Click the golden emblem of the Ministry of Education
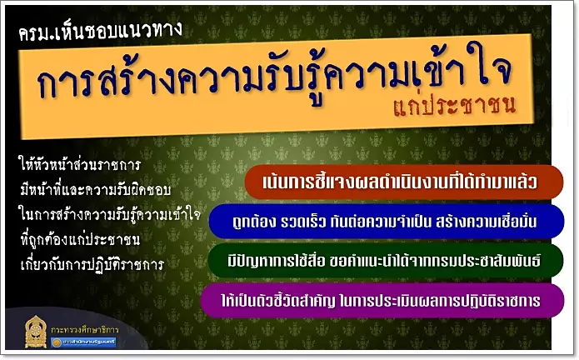pos(36,331)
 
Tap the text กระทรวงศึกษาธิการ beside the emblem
pos(85,329)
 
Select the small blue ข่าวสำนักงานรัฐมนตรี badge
pos(84,342)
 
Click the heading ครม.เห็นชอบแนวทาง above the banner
pos(100,30)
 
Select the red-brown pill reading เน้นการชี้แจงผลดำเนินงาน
pos(404,182)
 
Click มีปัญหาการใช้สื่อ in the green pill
pos(277,261)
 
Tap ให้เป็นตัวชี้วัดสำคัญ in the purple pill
pos(278,301)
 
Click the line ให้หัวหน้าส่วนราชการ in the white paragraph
pos(79,165)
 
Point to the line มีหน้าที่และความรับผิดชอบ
pos(96,190)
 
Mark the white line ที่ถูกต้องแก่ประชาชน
pos(80,240)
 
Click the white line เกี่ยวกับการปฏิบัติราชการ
pos(92,265)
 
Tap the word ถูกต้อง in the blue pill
pos(254,222)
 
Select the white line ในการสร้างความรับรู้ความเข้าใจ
pos(110,215)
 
